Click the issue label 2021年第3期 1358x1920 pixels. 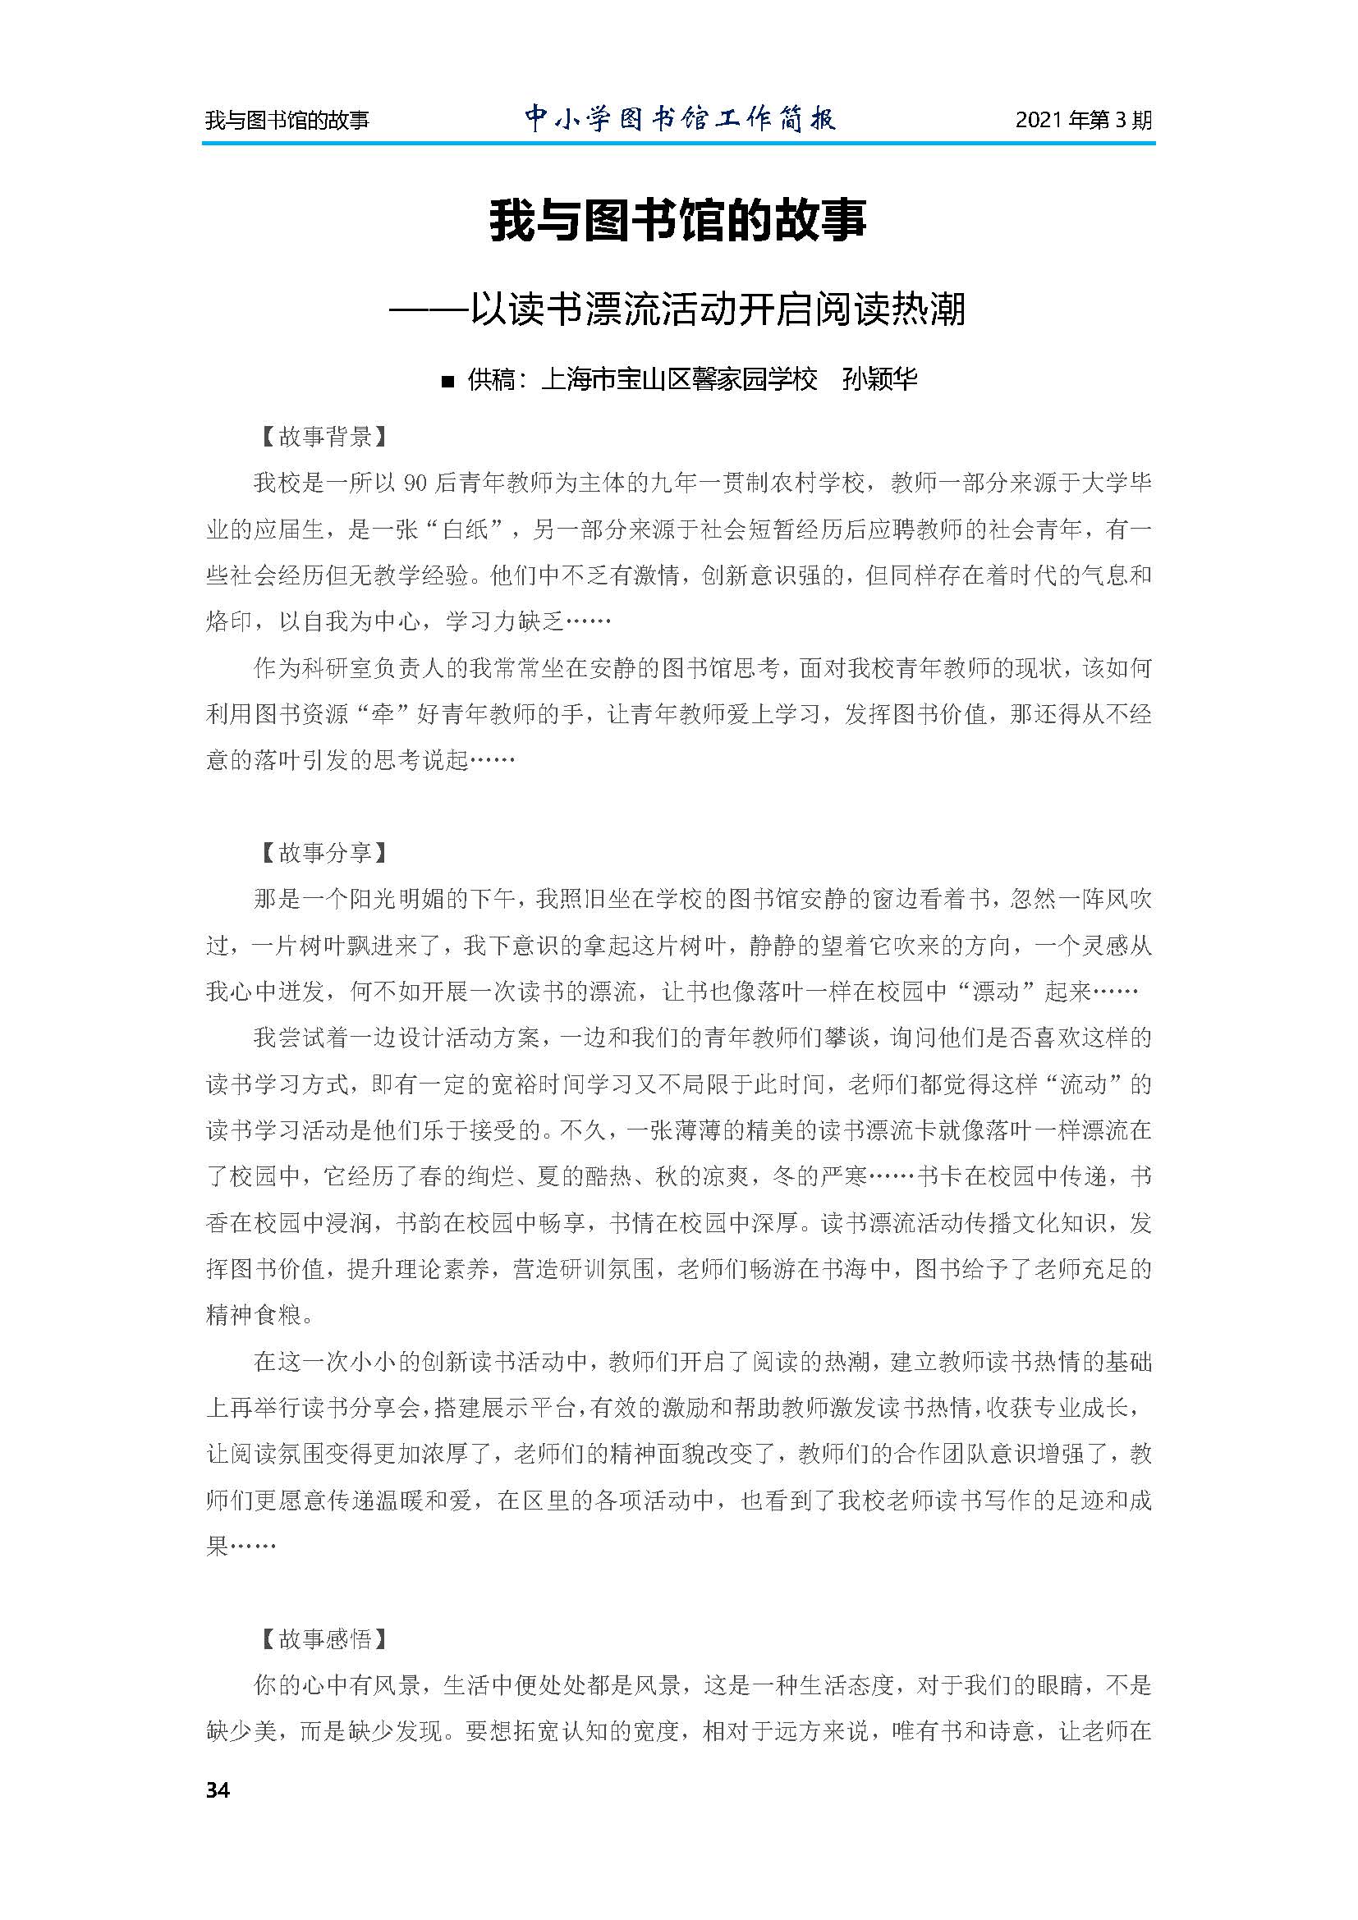[1083, 121]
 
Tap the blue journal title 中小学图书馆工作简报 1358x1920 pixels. [680, 119]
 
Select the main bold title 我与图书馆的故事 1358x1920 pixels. [678, 221]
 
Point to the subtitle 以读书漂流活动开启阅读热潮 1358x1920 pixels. [718, 309]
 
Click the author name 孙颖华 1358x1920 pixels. [879, 380]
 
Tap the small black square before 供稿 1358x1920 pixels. [447, 383]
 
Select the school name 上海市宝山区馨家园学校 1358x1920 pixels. [679, 380]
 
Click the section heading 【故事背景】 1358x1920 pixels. [322, 437]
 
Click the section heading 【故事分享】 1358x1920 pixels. [322, 853]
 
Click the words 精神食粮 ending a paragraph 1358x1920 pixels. [254, 1315]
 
